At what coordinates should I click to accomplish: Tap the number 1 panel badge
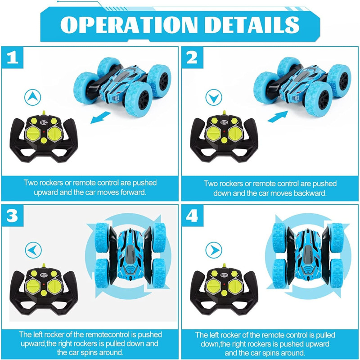pos(13,58)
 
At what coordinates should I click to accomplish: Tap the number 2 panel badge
pos(192,58)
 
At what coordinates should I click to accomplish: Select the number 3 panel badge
pos(13,216)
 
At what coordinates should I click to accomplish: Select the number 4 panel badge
pos(192,216)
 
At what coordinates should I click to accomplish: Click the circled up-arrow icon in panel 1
pos(32,97)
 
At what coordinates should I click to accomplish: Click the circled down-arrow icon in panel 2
pos(214,97)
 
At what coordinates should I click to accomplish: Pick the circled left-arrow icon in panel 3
pos(33,250)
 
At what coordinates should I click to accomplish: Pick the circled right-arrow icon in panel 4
pos(214,250)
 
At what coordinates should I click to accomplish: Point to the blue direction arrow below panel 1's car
pos(100,117)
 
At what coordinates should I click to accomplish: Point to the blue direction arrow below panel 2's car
pos(278,117)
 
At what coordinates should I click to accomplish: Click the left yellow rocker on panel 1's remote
pos(33,134)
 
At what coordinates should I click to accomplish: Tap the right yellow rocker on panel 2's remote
pos(235,134)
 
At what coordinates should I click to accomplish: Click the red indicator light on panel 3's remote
pos(44,284)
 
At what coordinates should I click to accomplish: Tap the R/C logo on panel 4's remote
pos(224,275)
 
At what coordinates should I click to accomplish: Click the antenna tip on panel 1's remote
pos(44,112)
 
